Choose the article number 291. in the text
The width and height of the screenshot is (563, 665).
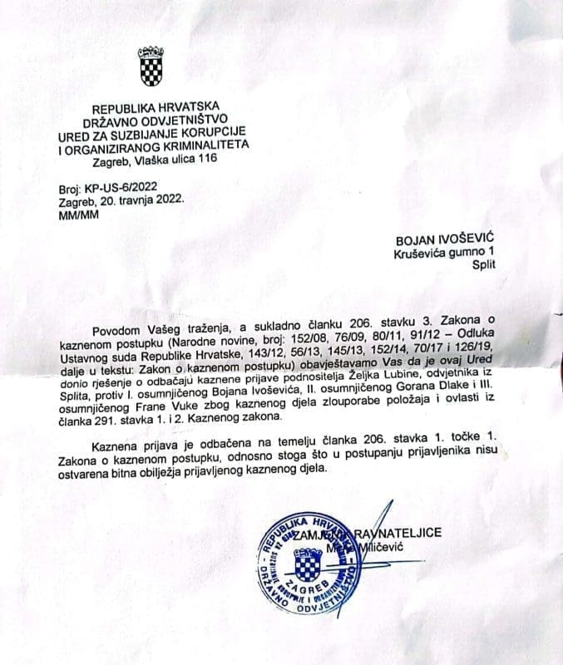pos(106,422)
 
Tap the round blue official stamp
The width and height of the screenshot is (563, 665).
pos(309,569)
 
